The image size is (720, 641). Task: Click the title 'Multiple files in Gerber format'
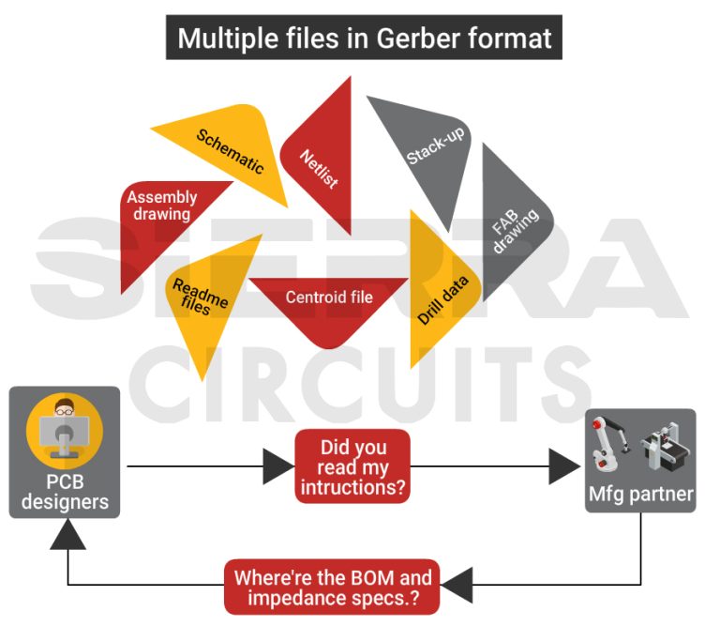click(364, 38)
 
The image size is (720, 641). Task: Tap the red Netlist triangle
click(323, 160)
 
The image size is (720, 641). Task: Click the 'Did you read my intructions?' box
click(352, 465)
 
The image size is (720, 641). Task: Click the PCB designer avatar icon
click(65, 433)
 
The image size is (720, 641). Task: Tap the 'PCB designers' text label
click(65, 492)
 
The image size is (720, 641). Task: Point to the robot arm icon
click(610, 446)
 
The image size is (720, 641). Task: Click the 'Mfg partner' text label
click(641, 494)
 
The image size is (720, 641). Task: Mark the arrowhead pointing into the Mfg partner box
click(564, 466)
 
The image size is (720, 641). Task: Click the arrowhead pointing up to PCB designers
click(68, 533)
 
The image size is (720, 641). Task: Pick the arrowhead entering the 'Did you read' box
click(278, 466)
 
